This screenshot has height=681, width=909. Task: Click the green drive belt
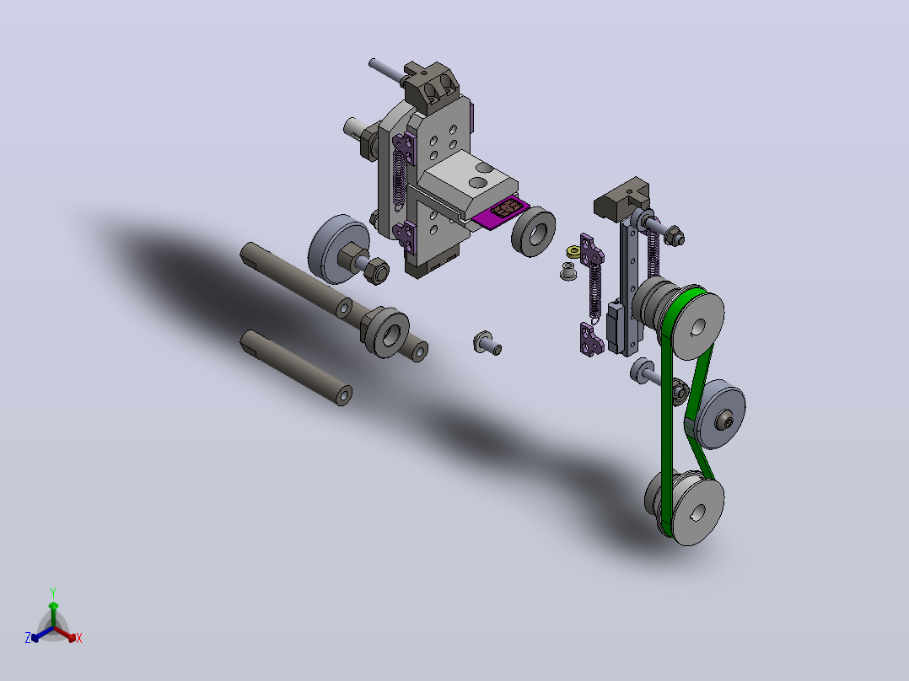[668, 405]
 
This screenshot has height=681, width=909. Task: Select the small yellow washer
[573, 251]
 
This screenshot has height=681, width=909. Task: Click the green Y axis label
[53, 593]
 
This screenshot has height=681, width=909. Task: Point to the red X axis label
[79, 638]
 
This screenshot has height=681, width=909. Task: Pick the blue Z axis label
[27, 637]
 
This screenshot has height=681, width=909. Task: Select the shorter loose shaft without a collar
[296, 367]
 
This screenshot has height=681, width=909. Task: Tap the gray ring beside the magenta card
[533, 231]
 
